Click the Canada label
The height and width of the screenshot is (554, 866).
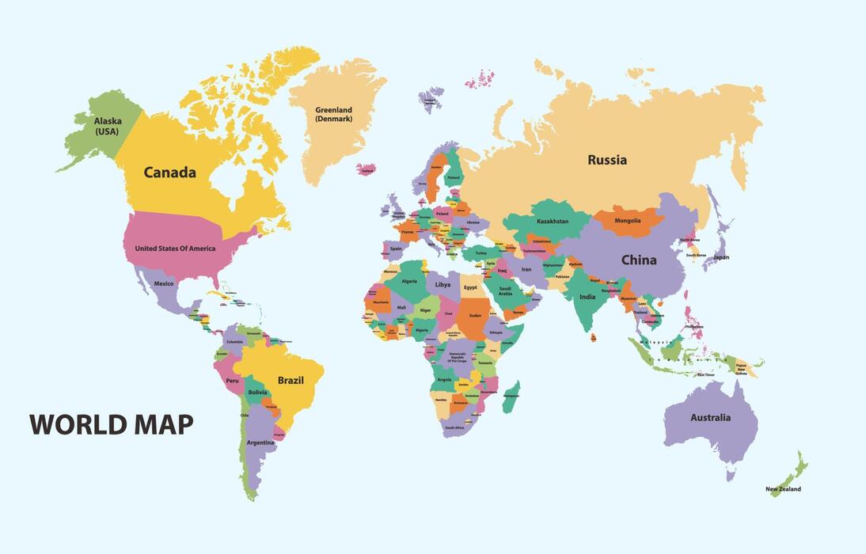click(x=169, y=173)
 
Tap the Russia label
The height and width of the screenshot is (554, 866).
click(x=606, y=160)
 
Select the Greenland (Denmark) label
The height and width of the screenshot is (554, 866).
click(x=333, y=115)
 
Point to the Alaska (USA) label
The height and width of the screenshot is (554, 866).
click(x=108, y=127)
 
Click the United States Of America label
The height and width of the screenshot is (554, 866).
click(x=175, y=249)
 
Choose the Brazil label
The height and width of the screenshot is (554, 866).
click(x=291, y=380)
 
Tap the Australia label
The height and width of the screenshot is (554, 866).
click(x=710, y=417)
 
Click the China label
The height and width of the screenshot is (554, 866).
click(x=638, y=260)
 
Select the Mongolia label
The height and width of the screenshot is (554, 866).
click(x=628, y=221)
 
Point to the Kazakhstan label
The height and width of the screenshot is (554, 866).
click(x=552, y=222)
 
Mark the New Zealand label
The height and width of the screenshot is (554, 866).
click(x=783, y=489)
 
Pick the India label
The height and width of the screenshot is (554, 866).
click(x=587, y=297)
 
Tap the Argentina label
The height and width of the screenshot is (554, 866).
click(x=260, y=442)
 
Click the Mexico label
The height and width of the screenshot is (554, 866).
click(x=164, y=283)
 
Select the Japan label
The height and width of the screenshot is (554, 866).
click(x=720, y=257)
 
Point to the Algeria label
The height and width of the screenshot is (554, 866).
click(x=409, y=281)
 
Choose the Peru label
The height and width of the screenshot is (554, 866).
click(x=232, y=381)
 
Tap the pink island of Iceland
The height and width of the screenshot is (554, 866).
click(x=367, y=169)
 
